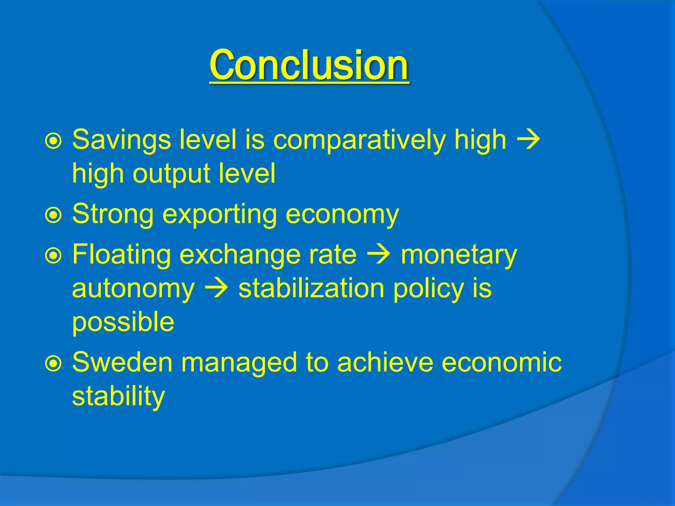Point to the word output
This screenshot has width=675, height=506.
click(x=171, y=174)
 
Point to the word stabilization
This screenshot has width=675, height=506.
click(x=311, y=289)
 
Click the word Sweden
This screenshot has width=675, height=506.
click(x=122, y=362)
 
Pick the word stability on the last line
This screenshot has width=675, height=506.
click(x=118, y=397)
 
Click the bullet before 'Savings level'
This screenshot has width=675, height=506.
click(x=53, y=141)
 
